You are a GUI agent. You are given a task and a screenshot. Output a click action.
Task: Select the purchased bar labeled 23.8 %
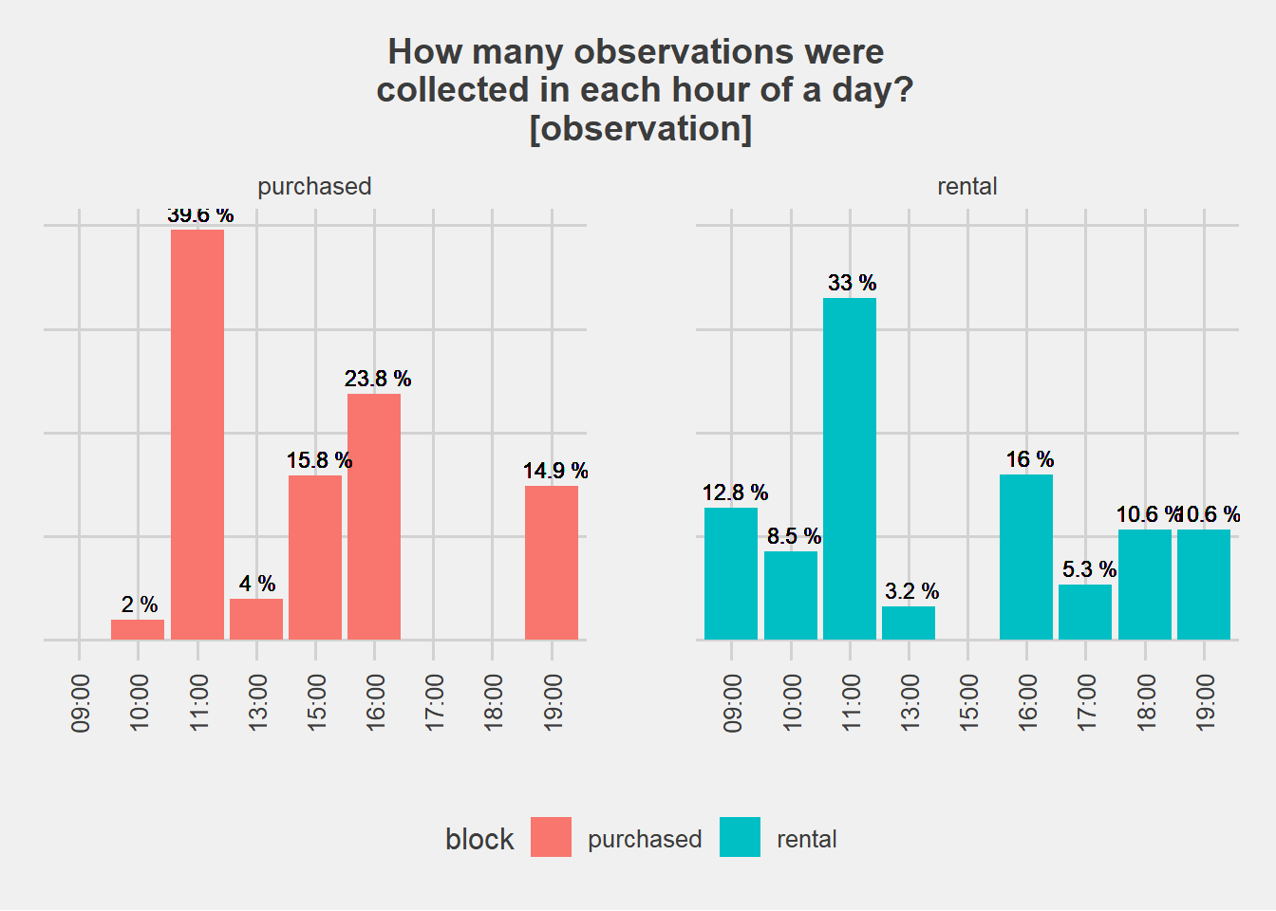point(374,516)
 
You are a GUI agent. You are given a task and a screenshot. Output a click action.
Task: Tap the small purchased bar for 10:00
point(138,629)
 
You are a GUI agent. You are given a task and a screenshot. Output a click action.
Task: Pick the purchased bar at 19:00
point(552,563)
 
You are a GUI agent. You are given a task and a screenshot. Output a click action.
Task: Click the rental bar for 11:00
point(850,469)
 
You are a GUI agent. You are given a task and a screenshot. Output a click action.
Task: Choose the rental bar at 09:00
point(731,573)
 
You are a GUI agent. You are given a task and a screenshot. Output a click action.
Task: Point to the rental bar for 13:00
point(909,623)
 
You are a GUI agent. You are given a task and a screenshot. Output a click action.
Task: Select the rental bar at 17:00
point(1085,612)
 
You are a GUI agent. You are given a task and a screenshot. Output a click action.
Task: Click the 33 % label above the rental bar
point(852,283)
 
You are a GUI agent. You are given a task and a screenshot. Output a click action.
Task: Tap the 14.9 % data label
point(555,471)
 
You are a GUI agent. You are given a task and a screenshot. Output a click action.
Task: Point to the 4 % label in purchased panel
point(257,584)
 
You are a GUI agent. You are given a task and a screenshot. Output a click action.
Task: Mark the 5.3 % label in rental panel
point(1089,569)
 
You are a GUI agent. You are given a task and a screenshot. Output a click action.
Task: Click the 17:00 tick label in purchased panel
point(434,702)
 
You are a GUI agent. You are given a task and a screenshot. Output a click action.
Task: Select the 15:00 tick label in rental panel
point(968,702)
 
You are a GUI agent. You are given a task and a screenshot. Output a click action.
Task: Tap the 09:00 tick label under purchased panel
point(80,702)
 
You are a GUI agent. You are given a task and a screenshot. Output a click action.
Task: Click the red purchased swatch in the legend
point(551,837)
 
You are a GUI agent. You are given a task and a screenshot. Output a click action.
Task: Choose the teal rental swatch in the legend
point(740,837)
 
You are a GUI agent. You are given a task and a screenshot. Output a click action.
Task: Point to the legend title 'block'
point(479,839)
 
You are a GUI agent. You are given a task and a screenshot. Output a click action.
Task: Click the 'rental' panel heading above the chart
point(966,186)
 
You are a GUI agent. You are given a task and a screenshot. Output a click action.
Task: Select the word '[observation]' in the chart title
point(641,128)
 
